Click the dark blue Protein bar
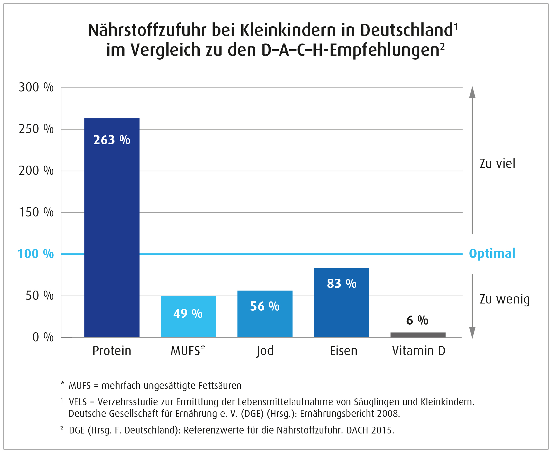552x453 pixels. point(112,227)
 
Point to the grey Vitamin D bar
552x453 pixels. point(418,335)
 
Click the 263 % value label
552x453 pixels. point(112,140)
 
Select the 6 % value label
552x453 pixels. point(417,320)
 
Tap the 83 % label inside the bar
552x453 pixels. point(342,283)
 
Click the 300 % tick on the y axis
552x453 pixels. point(36,87)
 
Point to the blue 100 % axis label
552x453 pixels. point(36,254)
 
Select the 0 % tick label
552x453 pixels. point(43,337)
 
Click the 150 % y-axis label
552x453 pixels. point(36,212)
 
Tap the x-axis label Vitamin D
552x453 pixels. point(419,351)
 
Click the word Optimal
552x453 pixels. point(492,254)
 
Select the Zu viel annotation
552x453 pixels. point(497,163)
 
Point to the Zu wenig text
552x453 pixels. point(505,299)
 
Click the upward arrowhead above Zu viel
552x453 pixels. point(472,92)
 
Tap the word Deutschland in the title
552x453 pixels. point(406,30)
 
